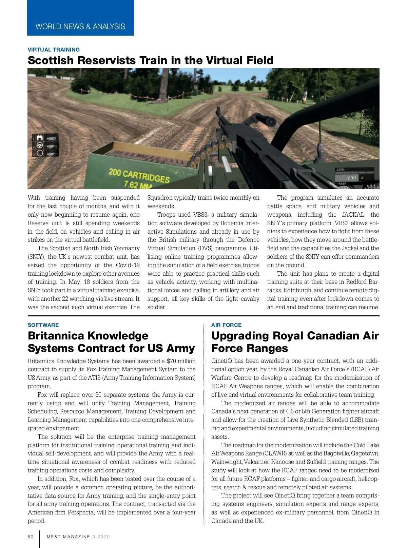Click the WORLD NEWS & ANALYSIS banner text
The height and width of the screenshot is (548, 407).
coord(80,26)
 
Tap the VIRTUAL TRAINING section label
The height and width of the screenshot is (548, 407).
coord(54,50)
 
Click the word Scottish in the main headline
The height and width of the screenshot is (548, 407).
coord(51,60)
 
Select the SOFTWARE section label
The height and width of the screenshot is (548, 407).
coord(43,325)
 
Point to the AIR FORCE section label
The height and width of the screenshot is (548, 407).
coord(226,325)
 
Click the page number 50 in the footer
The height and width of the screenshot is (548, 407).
coord(31,537)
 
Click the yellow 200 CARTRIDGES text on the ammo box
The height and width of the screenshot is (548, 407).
coord(139,175)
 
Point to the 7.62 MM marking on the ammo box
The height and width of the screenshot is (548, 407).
coord(137,185)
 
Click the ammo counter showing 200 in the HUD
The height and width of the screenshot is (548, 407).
coord(351,178)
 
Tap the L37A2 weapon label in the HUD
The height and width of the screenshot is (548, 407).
coord(341,170)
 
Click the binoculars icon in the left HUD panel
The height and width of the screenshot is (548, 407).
coord(40,138)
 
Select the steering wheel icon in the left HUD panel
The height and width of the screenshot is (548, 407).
coord(40,146)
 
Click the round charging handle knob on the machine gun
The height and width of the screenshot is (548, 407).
coord(271,121)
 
